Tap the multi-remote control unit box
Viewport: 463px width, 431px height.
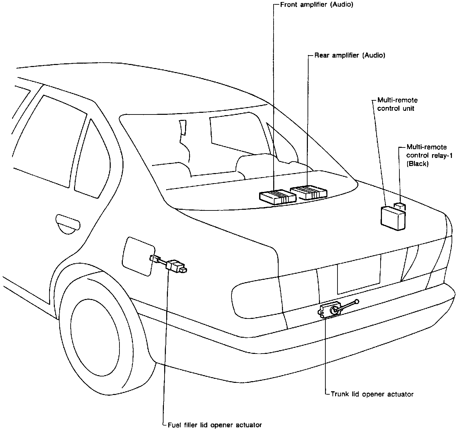pyautogui.click(x=393, y=218)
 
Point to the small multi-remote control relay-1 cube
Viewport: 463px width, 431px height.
pyautogui.click(x=400, y=206)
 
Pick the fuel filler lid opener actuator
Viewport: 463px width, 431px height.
pyautogui.click(x=176, y=266)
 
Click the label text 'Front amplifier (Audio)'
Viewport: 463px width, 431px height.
pyautogui.click(x=317, y=5)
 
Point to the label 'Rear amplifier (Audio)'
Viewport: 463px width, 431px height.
pyautogui.click(x=350, y=55)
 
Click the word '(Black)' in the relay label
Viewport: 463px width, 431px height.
pyautogui.click(x=417, y=164)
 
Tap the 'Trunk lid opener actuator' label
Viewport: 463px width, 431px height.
pyautogui.click(x=372, y=394)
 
